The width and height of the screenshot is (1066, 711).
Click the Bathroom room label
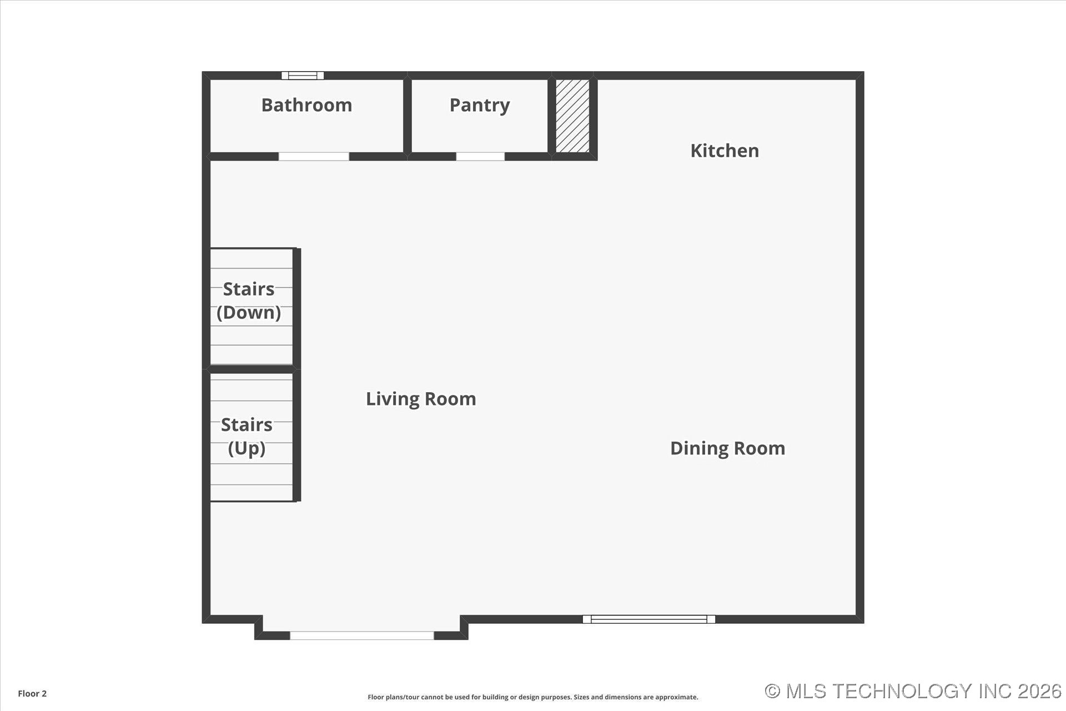click(x=306, y=105)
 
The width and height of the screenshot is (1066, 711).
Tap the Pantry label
click(x=479, y=105)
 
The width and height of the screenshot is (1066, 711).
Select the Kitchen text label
click(x=724, y=151)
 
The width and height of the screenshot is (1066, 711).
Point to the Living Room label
click(x=420, y=399)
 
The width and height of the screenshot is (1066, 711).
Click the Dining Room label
click(x=727, y=448)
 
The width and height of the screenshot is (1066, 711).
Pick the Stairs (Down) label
click(x=248, y=301)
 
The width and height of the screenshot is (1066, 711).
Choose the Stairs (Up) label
click(x=247, y=436)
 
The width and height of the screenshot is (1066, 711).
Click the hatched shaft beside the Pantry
click(x=572, y=116)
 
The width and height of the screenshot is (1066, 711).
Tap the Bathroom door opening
click(x=314, y=157)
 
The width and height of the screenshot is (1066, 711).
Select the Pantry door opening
click(x=480, y=157)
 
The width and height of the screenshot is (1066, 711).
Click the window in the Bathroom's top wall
click(x=303, y=76)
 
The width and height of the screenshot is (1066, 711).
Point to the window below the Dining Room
click(x=648, y=619)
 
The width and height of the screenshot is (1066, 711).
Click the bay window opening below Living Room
click(x=361, y=635)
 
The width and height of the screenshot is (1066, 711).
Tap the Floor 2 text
click(x=32, y=693)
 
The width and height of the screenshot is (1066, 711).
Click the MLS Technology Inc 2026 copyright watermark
click(x=913, y=691)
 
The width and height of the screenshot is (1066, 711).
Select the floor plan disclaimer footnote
click(x=532, y=697)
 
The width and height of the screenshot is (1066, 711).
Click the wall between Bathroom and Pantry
click(x=407, y=116)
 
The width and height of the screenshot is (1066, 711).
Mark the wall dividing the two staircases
click(x=251, y=369)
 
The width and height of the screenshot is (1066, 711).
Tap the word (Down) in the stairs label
click(x=248, y=313)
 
